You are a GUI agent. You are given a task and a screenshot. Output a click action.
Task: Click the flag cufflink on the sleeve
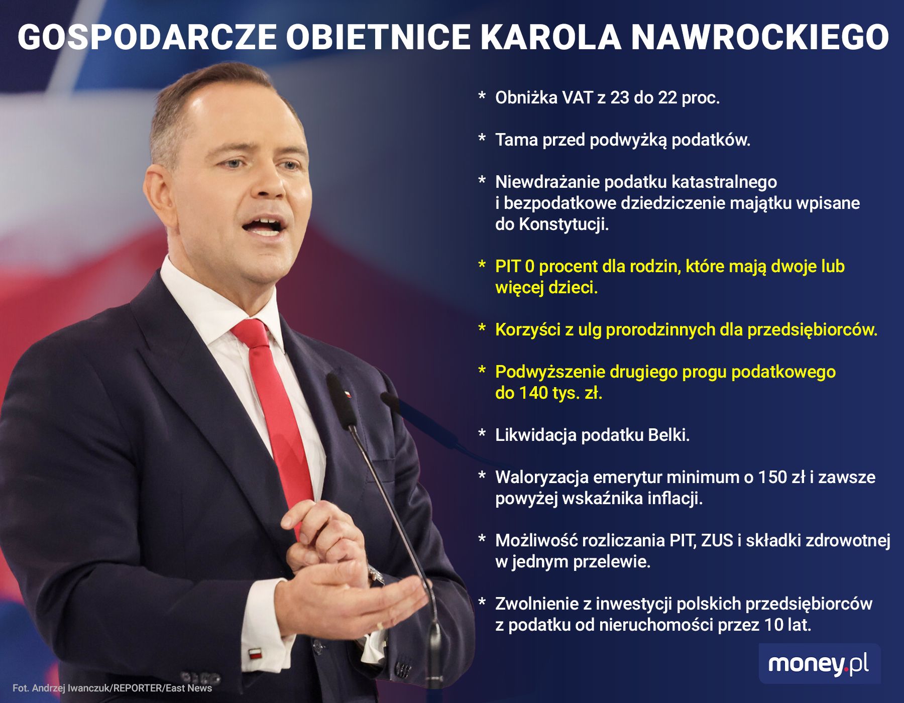coord(255,654)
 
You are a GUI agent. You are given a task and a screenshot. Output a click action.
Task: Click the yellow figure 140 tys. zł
coord(548,393)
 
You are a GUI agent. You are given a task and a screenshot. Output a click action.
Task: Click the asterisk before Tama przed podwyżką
coord(482,138)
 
